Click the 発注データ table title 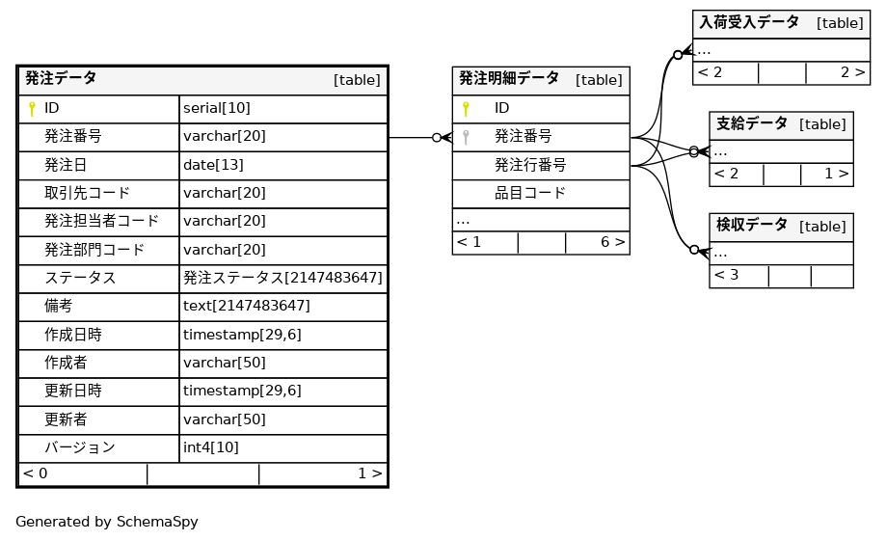pos(61,79)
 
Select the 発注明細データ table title pos(508,79)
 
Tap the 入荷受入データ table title pos(748,22)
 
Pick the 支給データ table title pos(751,123)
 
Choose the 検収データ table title pos(751,226)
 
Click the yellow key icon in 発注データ pos(32,109)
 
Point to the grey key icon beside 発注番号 pos(467,137)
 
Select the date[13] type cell pos(213,165)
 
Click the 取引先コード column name pos(87,193)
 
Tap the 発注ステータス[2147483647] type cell pos(282,278)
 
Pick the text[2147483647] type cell pos(246,306)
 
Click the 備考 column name pos(58,306)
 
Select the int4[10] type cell pos(210,447)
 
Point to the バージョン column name pos(79,447)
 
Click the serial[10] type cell pos(216,109)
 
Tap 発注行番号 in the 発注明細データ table pos(529,165)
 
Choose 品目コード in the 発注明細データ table pos(529,193)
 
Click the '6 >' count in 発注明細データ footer pos(612,242)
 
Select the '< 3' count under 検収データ pos(726,276)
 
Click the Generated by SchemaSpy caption pos(106,522)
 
